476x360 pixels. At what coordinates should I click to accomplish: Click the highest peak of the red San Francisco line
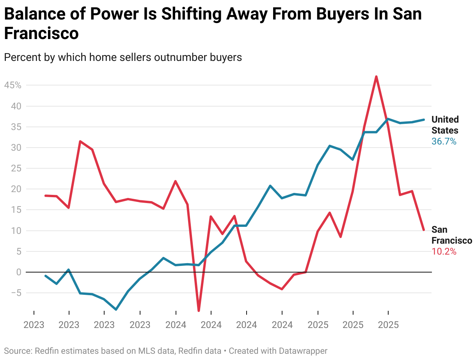376,77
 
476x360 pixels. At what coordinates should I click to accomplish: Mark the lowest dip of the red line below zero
199,311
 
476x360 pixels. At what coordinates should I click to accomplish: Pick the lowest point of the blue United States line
116,310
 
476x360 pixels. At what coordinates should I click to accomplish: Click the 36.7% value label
444,141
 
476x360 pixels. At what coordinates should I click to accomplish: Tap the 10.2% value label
444,251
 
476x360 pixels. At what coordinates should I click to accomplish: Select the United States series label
445,125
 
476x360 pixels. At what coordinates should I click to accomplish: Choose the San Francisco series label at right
451,235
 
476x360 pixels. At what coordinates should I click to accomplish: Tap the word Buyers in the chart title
341,14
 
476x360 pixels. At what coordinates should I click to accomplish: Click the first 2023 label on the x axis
34,325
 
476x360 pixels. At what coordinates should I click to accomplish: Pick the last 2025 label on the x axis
388,325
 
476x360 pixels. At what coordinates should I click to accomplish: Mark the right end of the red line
424,230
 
